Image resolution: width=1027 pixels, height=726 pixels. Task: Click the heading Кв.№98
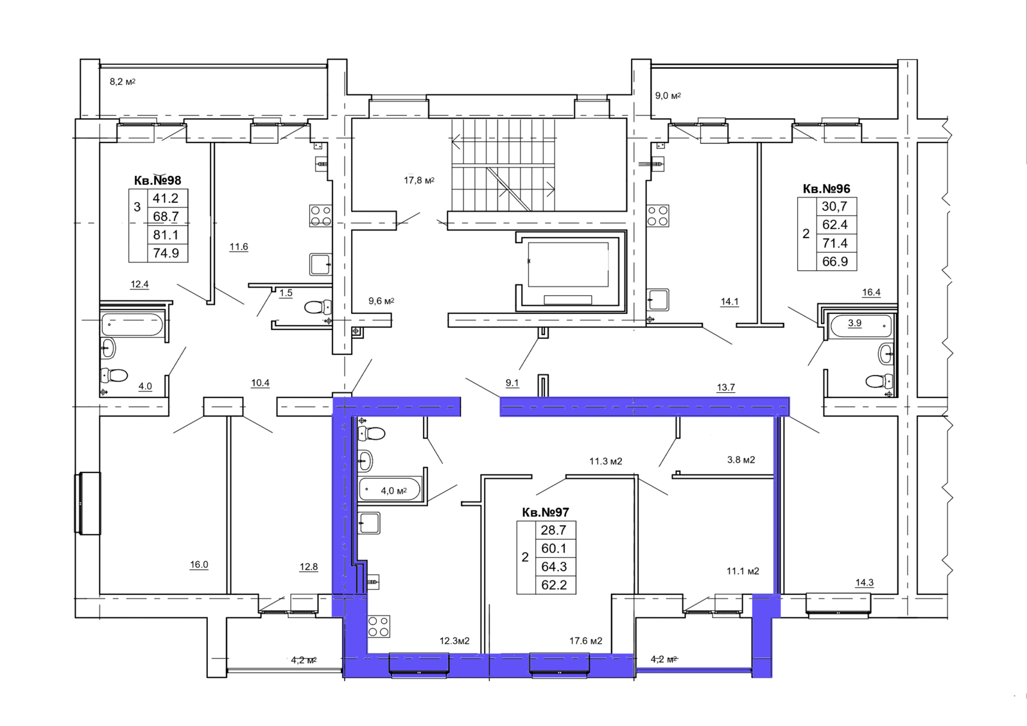pyautogui.click(x=158, y=180)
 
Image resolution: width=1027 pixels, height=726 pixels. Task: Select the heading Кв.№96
pyautogui.click(x=826, y=189)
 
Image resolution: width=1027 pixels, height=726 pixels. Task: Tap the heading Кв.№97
pyautogui.click(x=546, y=512)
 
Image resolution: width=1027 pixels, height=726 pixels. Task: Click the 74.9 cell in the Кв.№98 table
pyautogui.click(x=166, y=253)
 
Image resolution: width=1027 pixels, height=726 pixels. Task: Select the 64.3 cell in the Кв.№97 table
pyautogui.click(x=554, y=566)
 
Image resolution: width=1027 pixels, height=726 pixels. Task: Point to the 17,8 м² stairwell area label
pyautogui.click(x=419, y=180)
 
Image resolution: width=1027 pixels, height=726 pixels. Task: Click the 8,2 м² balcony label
pyautogui.click(x=123, y=82)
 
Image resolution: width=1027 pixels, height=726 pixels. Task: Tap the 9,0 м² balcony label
pyautogui.click(x=668, y=96)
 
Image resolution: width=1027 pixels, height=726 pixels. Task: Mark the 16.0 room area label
pyautogui.click(x=199, y=565)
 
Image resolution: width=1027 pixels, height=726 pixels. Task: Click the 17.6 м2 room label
pyautogui.click(x=586, y=641)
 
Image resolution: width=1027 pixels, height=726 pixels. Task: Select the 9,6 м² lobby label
pyautogui.click(x=381, y=301)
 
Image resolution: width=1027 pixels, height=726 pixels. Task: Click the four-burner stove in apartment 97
pyautogui.click(x=378, y=627)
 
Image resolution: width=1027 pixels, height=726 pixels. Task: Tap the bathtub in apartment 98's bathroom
pyautogui.click(x=132, y=325)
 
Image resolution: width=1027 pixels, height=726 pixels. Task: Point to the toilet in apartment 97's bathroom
pyautogui.click(x=372, y=433)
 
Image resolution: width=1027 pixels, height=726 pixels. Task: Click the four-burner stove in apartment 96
pyautogui.click(x=657, y=216)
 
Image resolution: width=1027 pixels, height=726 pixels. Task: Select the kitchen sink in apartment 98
pyautogui.click(x=320, y=264)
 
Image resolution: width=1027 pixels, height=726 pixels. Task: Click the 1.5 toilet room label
pyautogui.click(x=286, y=293)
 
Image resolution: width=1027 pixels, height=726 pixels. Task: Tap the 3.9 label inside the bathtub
pyautogui.click(x=854, y=323)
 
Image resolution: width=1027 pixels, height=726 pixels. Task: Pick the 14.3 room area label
pyautogui.click(x=864, y=582)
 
